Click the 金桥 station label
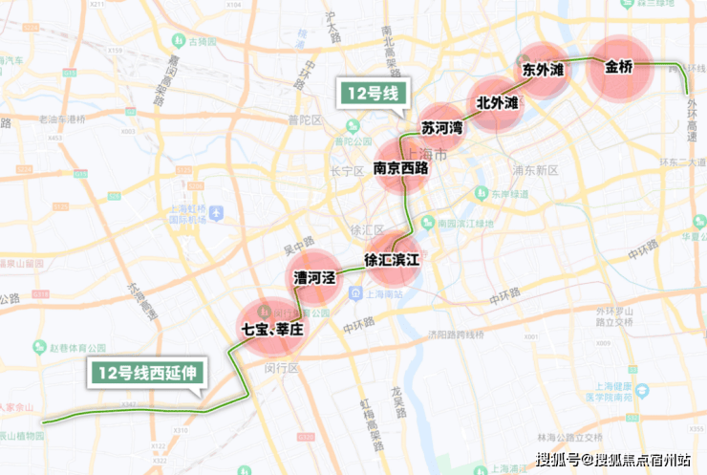point(619,68)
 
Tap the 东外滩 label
point(543,71)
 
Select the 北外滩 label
point(497,102)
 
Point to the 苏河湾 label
point(441,127)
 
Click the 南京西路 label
point(400,168)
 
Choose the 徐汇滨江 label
point(392,259)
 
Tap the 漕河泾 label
point(315,277)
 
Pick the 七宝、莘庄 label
point(272,329)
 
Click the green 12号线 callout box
point(374,94)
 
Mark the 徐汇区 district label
point(367,230)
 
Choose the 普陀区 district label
point(306,119)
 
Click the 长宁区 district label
point(342,172)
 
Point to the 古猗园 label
point(204,42)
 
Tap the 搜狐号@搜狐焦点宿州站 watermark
point(612,460)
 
